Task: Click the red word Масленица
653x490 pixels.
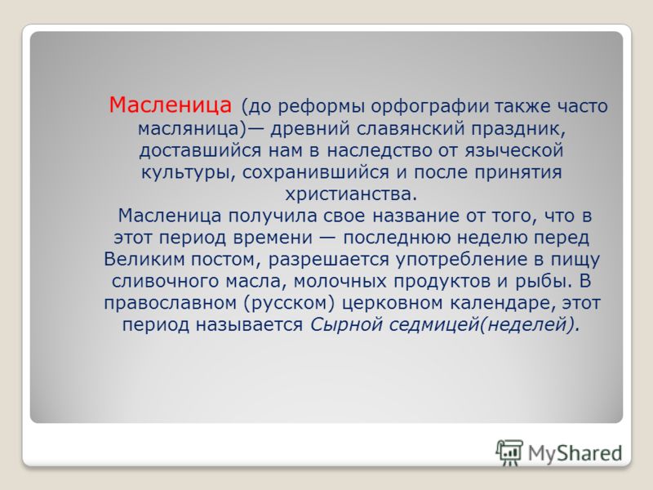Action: [170, 105]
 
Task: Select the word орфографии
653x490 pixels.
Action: [430, 107]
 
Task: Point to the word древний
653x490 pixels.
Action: [311, 128]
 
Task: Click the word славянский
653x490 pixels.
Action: [411, 128]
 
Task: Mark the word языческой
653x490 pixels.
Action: [514, 150]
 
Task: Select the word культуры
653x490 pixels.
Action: [186, 172]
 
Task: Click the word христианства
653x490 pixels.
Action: [351, 194]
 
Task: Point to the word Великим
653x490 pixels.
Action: [144, 259]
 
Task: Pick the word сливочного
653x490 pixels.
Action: [166, 281]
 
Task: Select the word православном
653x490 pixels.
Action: [171, 303]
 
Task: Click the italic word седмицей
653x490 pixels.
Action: [434, 325]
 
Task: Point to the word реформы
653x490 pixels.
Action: [321, 107]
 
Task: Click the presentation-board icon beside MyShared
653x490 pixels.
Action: [509, 452]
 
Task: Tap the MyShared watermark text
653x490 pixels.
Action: [575, 453]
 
